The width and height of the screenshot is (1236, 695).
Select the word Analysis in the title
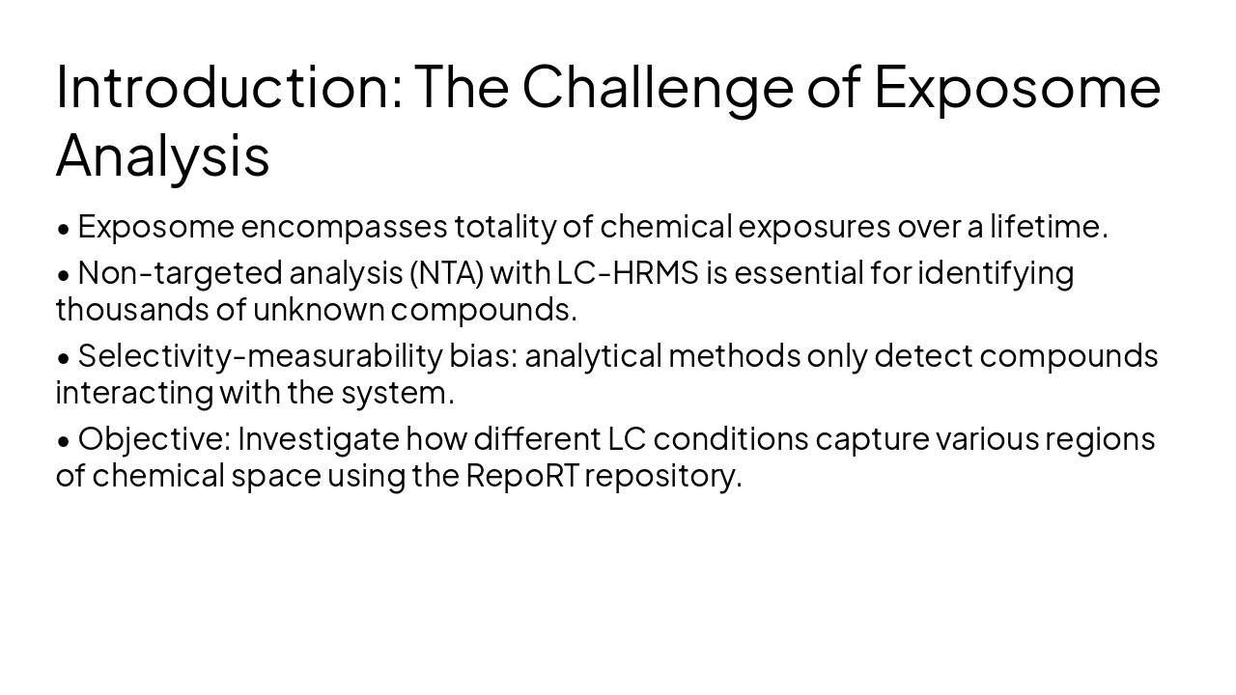point(162,155)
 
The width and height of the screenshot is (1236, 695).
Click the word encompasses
point(344,226)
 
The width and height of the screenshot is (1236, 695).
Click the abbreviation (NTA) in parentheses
point(446,273)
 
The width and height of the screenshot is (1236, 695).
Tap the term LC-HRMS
point(627,273)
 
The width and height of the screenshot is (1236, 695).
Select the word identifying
point(995,273)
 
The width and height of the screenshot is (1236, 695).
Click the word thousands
point(123,309)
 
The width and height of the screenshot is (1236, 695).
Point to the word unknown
point(318,309)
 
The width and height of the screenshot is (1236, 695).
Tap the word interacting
point(134,393)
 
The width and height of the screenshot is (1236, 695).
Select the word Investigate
point(318,439)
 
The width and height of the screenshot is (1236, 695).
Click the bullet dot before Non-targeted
point(64,275)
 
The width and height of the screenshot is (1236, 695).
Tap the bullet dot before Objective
point(64,441)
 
